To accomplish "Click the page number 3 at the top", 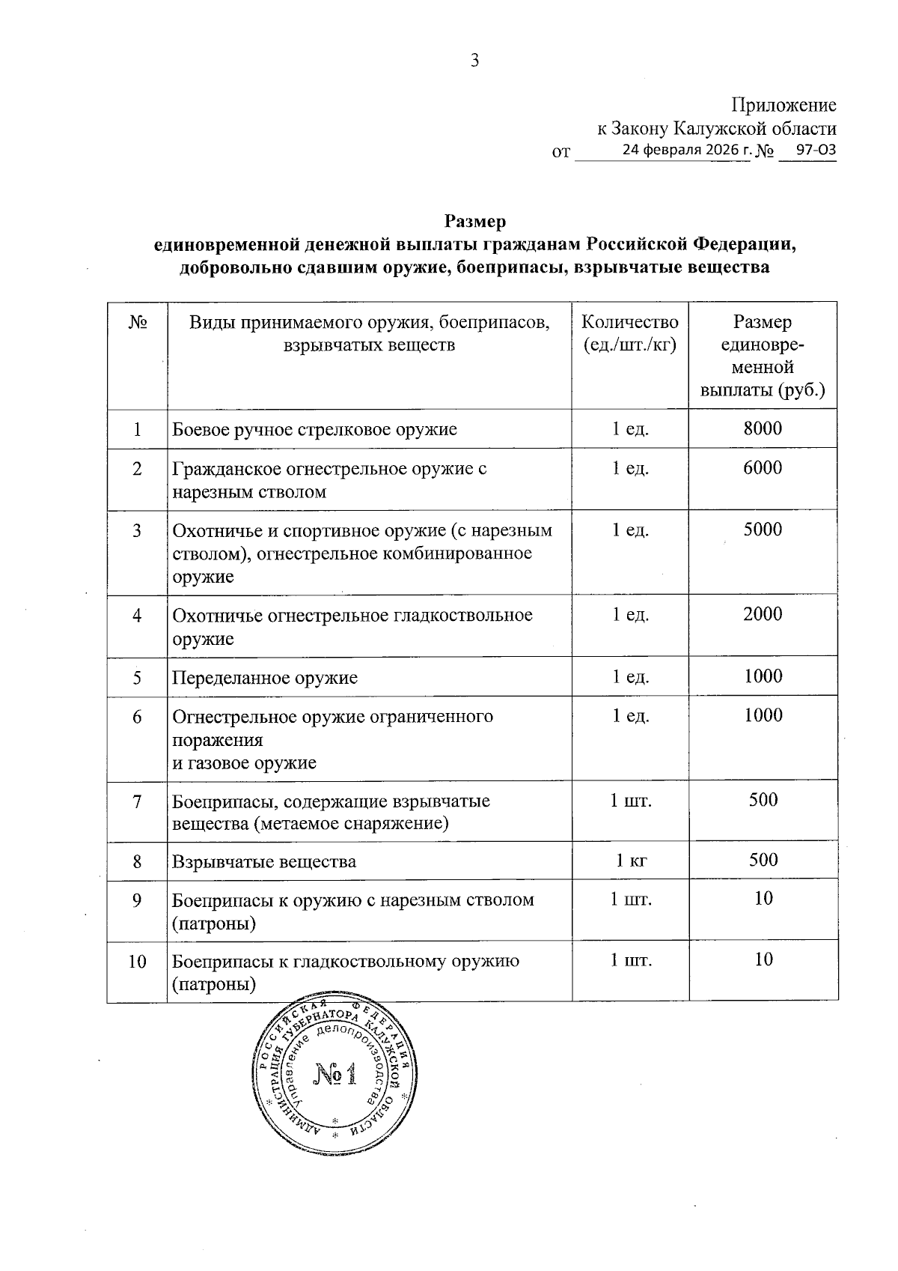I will pyautogui.click(x=474, y=61).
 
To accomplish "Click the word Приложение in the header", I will pyautogui.click(x=784, y=106).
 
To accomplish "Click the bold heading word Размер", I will pyautogui.click(x=475, y=222).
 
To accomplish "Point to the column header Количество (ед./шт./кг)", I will pyautogui.click(x=630, y=333).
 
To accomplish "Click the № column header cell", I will pyautogui.click(x=138, y=323).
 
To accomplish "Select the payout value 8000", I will pyautogui.click(x=763, y=428).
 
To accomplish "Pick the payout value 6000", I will pyautogui.click(x=763, y=468).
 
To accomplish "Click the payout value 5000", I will pyautogui.click(x=763, y=530).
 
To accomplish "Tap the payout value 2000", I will pyautogui.click(x=763, y=614).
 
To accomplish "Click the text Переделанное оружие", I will pyautogui.click(x=265, y=678).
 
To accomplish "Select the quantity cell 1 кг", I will pyautogui.click(x=630, y=861).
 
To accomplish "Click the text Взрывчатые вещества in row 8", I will pyautogui.click(x=264, y=861).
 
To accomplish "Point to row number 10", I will pyautogui.click(x=137, y=961).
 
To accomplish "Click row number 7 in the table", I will pyautogui.click(x=137, y=801).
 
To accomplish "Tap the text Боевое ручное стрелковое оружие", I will pyautogui.click(x=314, y=430).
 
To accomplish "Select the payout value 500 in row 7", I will pyautogui.click(x=763, y=799).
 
